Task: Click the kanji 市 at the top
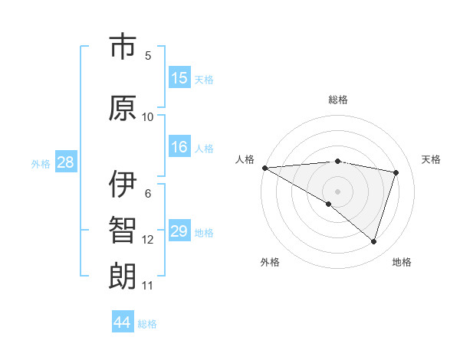point(123,47)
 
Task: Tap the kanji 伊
point(123,183)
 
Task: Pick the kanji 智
point(123,231)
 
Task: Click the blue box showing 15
point(179,78)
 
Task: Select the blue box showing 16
point(179,147)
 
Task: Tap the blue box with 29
point(179,231)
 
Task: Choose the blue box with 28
point(65,162)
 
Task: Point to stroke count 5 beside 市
point(148,55)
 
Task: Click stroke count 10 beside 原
point(148,116)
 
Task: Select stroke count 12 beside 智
point(148,240)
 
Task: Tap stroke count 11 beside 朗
point(148,286)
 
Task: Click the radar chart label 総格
point(338,100)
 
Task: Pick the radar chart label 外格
point(270,262)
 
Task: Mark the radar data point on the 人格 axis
point(264,167)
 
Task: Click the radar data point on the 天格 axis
point(396,172)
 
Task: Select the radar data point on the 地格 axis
point(373,241)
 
